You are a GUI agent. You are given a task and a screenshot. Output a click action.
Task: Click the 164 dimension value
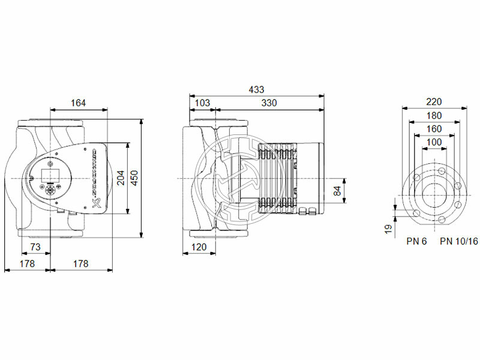pos(78,103)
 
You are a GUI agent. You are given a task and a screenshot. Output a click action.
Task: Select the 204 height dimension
pos(121,178)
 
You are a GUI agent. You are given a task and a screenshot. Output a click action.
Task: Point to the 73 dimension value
pos(35,248)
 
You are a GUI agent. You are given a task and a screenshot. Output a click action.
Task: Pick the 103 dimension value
pos(203,103)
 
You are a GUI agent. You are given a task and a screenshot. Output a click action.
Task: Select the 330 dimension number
pos(269,103)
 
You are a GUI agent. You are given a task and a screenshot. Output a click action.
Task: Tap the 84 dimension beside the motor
pos(337,191)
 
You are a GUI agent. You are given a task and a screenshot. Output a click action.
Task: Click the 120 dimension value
pos(199,247)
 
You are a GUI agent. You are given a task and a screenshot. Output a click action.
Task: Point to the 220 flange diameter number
pos(434,102)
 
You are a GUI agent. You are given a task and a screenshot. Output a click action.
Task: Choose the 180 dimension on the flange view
pos(434,115)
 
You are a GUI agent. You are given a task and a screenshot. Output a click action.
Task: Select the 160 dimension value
pos(434,128)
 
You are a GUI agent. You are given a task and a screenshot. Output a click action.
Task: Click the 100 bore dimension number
pos(434,142)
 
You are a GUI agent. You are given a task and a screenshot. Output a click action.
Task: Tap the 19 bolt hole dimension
pos(388,228)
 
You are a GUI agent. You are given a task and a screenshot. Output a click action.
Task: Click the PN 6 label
pos(416,241)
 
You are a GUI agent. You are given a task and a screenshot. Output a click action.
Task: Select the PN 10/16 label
pos(459,241)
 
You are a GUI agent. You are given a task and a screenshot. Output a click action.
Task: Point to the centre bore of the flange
pos(434,196)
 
